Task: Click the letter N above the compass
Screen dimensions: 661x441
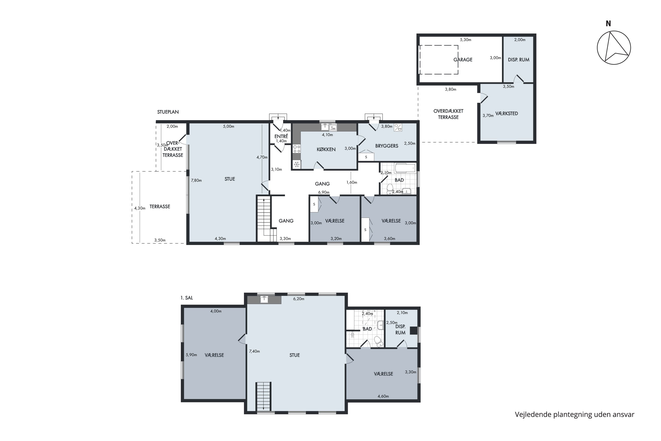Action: tap(608, 24)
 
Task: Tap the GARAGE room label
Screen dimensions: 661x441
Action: tap(463, 60)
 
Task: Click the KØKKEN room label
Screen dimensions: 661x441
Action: tap(326, 149)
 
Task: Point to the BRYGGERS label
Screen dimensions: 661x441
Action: tap(387, 146)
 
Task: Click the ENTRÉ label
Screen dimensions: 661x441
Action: tap(281, 136)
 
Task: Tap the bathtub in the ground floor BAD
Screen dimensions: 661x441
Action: tap(405, 168)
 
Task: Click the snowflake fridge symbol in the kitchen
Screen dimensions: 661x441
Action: tap(297, 164)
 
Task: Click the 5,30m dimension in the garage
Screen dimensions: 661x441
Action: tap(465, 40)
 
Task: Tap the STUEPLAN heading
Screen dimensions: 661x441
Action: tap(168, 112)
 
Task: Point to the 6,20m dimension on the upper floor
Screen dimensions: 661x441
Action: tap(299, 299)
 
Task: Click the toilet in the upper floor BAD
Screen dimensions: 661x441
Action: tap(378, 341)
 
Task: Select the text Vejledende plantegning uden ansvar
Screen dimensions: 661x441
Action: tap(574, 415)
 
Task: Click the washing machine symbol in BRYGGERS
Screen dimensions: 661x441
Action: tap(398, 127)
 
